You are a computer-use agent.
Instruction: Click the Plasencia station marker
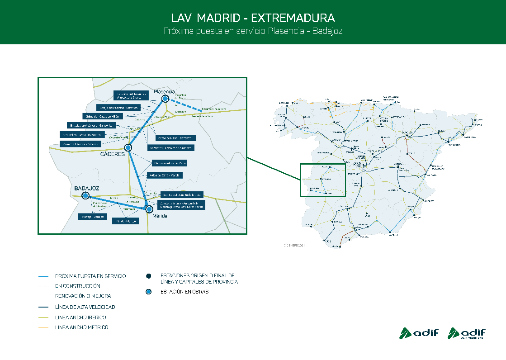166,99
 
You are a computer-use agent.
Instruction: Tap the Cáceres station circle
128,147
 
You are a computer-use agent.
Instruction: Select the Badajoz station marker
85,195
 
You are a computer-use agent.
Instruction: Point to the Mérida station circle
149,209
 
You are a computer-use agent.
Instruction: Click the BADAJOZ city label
87,188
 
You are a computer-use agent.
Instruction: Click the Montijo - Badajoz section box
92,217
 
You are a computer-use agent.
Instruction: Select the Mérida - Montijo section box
125,221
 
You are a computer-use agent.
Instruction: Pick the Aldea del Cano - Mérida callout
166,175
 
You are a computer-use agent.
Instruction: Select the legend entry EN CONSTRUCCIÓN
77,286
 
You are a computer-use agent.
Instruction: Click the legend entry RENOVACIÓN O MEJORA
83,296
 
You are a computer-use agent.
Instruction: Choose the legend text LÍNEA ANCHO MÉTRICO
81,327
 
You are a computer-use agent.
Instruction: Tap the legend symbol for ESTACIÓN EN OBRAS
148,292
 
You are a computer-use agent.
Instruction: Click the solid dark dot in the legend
148,275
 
